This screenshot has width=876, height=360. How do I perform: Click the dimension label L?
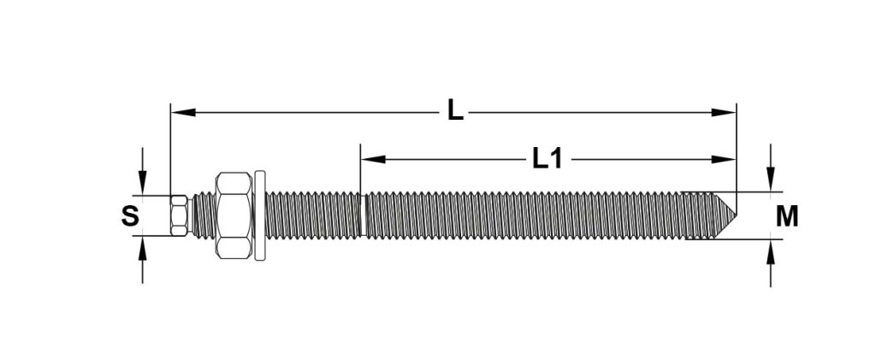coord(455,110)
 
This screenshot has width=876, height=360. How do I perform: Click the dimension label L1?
coord(547,160)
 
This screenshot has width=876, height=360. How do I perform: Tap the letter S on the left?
coord(130,215)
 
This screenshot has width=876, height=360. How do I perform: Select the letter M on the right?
coord(787,216)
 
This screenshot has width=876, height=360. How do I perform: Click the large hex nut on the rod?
coord(234,215)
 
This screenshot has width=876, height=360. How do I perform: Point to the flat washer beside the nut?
coord(260,215)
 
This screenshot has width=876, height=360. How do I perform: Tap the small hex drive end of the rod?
coord(179,215)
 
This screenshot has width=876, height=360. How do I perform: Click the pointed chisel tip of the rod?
coord(725,215)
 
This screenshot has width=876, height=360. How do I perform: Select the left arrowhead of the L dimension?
coord(183,112)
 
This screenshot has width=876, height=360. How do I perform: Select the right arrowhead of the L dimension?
coord(724,112)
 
